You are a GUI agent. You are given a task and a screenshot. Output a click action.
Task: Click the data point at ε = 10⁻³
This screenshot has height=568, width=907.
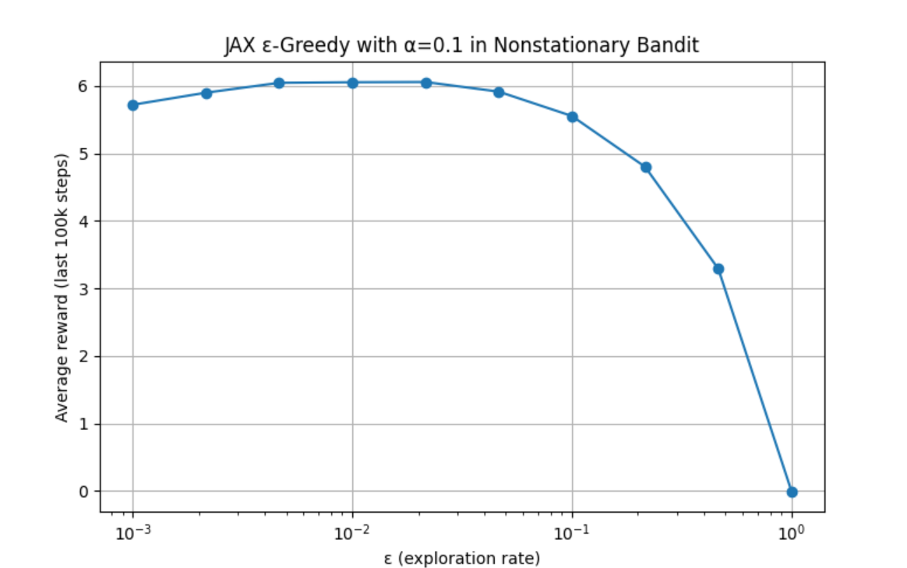133,105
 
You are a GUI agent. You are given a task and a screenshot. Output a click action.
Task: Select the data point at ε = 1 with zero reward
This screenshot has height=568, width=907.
792,492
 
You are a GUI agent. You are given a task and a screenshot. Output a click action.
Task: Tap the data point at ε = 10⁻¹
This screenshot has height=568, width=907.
573,117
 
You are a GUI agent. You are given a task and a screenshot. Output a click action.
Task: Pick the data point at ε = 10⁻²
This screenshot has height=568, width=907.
353,83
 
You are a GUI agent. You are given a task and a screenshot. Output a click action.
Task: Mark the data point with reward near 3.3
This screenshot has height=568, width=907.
718,269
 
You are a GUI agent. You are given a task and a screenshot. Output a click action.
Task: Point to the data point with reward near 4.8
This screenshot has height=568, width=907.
646,167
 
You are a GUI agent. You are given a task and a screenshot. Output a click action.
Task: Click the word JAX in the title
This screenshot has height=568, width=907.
238,46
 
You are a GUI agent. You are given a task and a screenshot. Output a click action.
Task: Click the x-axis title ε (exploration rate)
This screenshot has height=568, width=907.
462,558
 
